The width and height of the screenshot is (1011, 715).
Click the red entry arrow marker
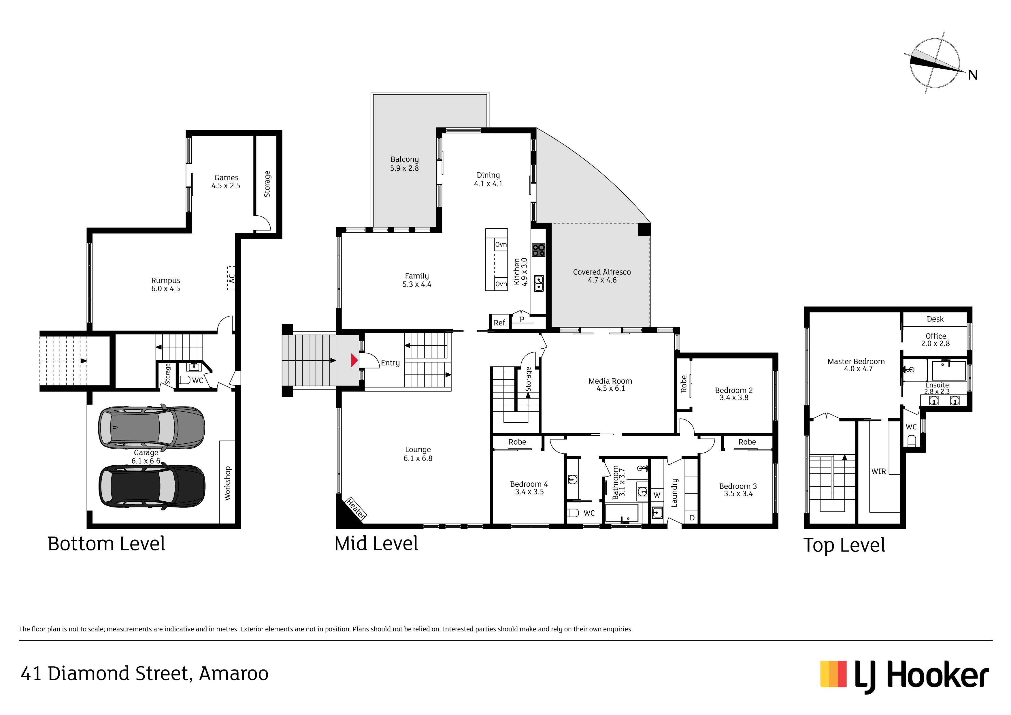[x=354, y=360]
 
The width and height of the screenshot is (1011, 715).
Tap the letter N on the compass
[x=973, y=75]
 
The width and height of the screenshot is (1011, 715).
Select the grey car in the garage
[x=152, y=427]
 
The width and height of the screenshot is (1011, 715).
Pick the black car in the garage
[x=152, y=486]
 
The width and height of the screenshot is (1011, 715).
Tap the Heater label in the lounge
[x=356, y=508]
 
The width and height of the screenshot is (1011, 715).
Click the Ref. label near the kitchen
[x=500, y=323]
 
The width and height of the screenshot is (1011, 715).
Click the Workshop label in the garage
[x=227, y=483]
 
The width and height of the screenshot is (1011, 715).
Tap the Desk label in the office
[x=935, y=319]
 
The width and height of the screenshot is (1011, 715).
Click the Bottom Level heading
[x=106, y=544]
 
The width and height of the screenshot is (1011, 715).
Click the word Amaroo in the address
[x=233, y=673]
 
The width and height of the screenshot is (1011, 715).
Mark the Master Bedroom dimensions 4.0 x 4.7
[x=858, y=369]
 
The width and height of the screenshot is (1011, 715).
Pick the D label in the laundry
[x=692, y=518]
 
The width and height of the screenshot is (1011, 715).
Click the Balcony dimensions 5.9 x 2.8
[x=404, y=168]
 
